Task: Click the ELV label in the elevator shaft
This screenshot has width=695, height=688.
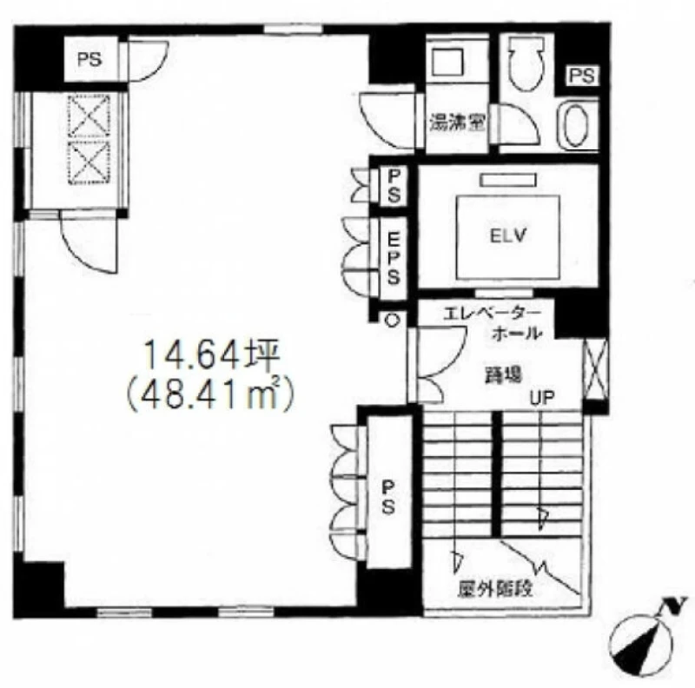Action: coord(508,235)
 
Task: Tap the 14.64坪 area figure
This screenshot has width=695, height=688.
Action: coord(212,355)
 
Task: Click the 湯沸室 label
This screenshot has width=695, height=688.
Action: coord(458,122)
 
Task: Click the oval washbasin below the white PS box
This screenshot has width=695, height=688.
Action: coord(576,125)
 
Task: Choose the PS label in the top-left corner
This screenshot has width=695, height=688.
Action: coord(90,59)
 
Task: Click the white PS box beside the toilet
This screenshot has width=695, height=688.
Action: coord(582,76)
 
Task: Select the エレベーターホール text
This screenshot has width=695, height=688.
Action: coord(493,323)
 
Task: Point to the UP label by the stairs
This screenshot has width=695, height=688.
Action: coord(542,398)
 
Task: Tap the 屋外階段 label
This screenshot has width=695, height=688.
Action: coord(494,589)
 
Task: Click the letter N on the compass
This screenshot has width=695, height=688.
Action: coord(673,605)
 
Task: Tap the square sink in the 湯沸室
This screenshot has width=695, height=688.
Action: coord(447,62)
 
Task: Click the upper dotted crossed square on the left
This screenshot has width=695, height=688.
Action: coord(89,116)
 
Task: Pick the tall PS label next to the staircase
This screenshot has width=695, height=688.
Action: coord(387,499)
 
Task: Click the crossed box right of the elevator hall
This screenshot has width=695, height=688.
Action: coord(594,369)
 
